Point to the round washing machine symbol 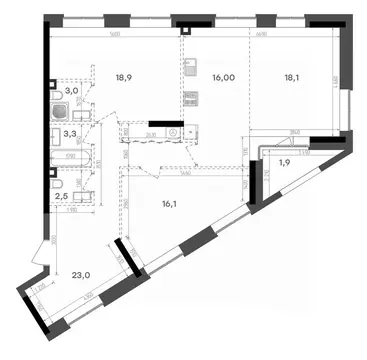[x=174, y=131]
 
